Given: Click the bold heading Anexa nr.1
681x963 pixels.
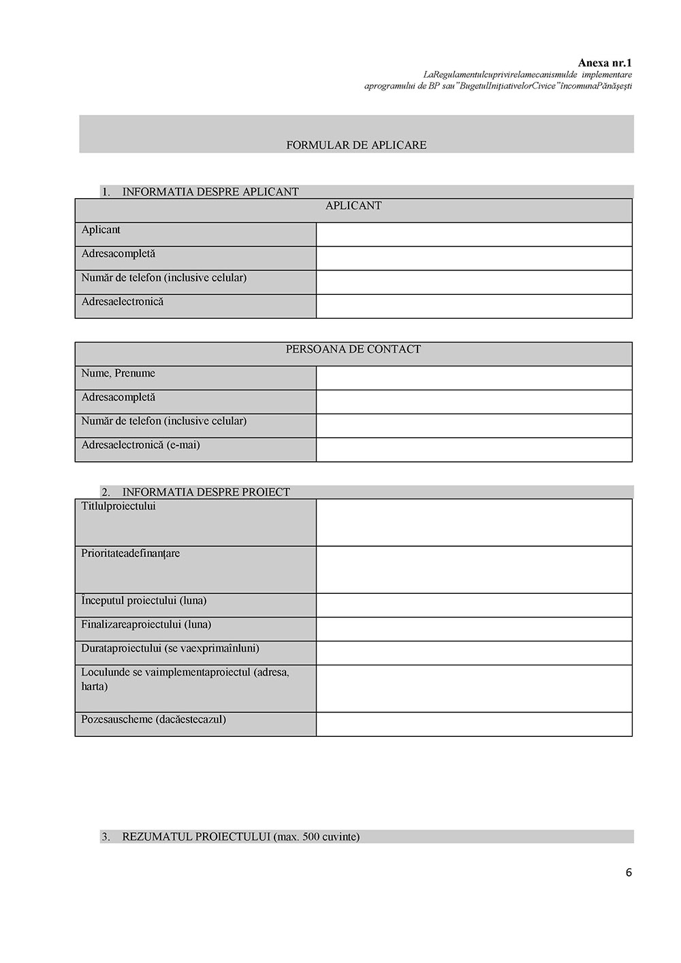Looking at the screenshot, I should tap(605, 63).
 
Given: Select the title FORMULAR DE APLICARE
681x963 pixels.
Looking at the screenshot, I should tap(356, 145).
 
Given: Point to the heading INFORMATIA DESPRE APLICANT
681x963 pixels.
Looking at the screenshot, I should tap(210, 192).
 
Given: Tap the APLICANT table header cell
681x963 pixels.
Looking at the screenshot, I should tap(353, 206).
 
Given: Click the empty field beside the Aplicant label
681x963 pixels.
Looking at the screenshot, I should tap(474, 234).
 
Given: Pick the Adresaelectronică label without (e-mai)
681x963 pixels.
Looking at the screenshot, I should tap(123, 302).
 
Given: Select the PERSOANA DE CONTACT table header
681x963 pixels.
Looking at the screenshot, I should tap(353, 349).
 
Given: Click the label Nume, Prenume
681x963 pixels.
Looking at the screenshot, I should tap(118, 373).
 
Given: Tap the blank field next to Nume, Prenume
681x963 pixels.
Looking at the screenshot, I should tap(474, 378).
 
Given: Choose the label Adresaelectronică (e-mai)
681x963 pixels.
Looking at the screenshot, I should tap(140, 445).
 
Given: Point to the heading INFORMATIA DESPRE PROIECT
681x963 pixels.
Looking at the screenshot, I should tap(206, 492).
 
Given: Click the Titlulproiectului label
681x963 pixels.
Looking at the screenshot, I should tap(118, 507).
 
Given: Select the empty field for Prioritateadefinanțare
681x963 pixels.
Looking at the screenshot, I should tap(474, 569).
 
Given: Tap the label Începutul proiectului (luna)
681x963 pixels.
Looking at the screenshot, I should tap(144, 601).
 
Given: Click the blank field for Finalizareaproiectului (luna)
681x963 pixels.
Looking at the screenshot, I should tap(474, 629).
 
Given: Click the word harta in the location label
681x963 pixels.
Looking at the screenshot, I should tap(95, 686).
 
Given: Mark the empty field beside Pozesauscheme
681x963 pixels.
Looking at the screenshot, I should tap(474, 725).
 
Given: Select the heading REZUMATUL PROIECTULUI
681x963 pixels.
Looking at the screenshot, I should tap(240, 836).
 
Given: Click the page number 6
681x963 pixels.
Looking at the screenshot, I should tap(629, 872).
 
